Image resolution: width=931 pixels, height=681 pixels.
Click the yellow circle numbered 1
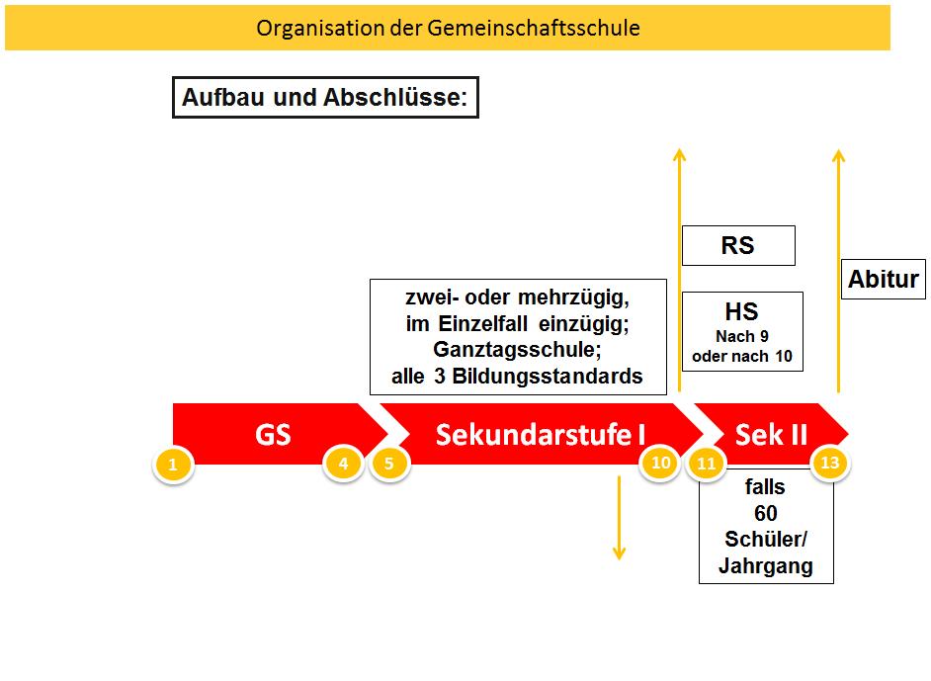click(x=173, y=463)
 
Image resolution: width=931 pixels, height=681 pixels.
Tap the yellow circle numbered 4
click(x=343, y=462)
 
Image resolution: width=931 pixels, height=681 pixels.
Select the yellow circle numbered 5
click(x=389, y=462)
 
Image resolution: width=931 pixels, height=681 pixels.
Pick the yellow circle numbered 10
click(x=659, y=462)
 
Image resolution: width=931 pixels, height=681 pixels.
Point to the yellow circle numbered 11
click(x=706, y=462)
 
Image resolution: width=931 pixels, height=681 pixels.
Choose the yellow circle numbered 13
click(x=830, y=462)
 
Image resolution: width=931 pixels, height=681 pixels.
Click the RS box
click(x=737, y=246)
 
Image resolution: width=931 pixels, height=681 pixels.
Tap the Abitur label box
click(x=884, y=280)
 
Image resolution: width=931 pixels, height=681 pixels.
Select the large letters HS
click(x=741, y=312)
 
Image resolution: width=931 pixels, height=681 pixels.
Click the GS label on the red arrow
click(x=273, y=434)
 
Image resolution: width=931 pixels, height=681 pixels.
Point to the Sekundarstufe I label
click(x=541, y=434)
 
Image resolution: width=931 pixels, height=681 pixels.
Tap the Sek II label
click(x=771, y=434)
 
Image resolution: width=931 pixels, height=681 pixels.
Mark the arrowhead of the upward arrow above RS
click(x=679, y=154)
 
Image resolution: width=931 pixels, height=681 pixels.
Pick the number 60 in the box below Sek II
click(x=765, y=513)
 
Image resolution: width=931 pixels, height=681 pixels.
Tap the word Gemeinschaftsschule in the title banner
click(x=534, y=28)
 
